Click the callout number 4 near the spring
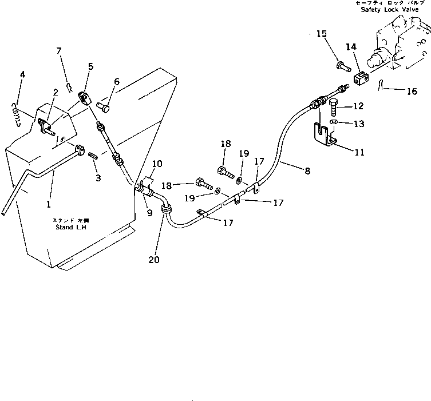[22, 75]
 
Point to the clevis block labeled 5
[86, 98]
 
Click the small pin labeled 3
[96, 153]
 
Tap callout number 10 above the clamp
[157, 164]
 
